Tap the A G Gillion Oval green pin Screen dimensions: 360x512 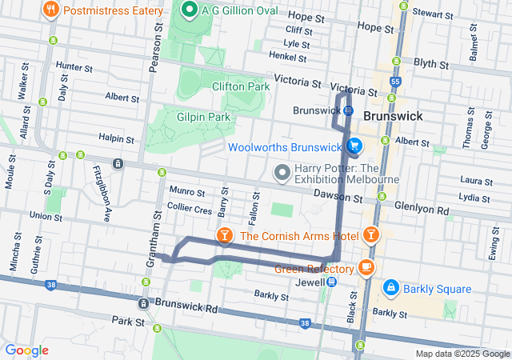(x=190, y=10)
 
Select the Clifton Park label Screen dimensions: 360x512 (x=241, y=86)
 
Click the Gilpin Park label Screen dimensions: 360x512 (x=204, y=117)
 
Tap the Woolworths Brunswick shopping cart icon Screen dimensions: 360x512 (x=353, y=146)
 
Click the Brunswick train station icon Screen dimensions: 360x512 (x=348, y=110)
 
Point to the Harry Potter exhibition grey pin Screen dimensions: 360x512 (x=282, y=172)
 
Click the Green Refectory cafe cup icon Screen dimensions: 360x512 (x=366, y=267)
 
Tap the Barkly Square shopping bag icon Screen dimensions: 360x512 (x=391, y=287)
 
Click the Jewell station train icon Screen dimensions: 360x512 (x=331, y=282)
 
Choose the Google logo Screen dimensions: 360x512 (x=26, y=350)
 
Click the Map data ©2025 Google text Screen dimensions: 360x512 (x=461, y=354)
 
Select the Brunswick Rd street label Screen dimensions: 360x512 (x=189, y=307)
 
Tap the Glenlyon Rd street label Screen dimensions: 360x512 (x=425, y=212)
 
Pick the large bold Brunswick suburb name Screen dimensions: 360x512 (x=392, y=116)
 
